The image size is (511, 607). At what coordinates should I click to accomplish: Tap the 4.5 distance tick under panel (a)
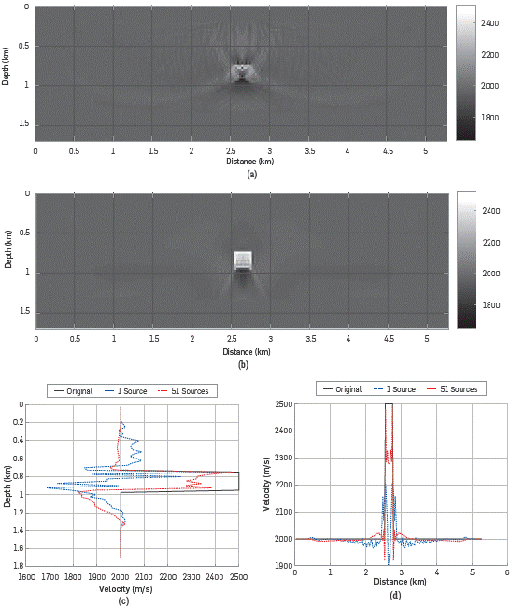(386, 150)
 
